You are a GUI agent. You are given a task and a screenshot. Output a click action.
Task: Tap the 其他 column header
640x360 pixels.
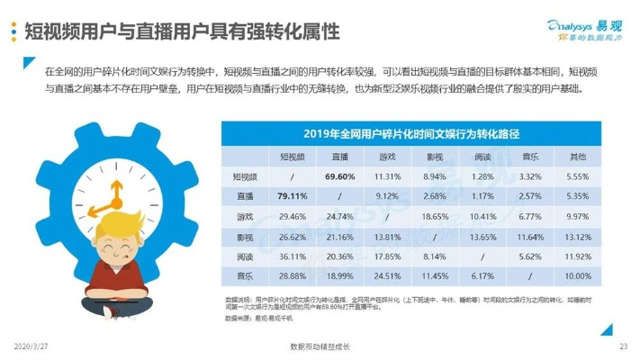tap(580, 157)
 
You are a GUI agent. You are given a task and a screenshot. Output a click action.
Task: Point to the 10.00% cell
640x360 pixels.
tap(580, 275)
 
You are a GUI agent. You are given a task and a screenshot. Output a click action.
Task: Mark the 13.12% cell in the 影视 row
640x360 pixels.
tap(580, 236)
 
